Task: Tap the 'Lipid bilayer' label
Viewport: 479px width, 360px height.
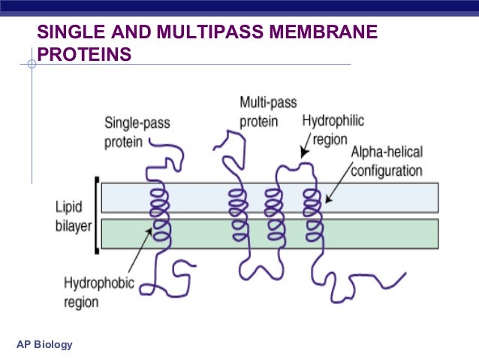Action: (72, 215)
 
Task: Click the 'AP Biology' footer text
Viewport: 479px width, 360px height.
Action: (44, 345)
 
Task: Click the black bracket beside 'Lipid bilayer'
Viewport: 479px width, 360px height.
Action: (96, 215)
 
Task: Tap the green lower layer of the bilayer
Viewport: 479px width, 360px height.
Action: (375, 233)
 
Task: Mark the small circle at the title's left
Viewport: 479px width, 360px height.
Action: (32, 65)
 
